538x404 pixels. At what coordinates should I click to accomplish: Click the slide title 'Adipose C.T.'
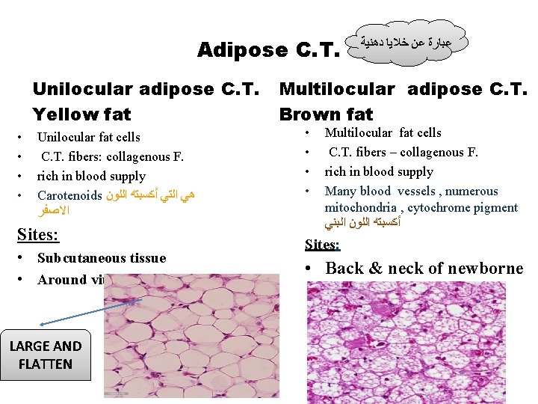click(x=268, y=50)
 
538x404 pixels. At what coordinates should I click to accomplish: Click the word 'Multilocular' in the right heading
click(x=336, y=89)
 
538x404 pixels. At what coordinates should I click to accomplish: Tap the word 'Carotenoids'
click(x=69, y=195)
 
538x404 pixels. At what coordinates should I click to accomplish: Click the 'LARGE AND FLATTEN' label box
click(x=46, y=355)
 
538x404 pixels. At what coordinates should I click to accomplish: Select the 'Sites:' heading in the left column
click(x=37, y=236)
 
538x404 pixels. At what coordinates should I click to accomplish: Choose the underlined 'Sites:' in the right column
click(x=322, y=245)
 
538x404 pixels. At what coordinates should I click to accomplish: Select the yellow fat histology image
click(x=191, y=339)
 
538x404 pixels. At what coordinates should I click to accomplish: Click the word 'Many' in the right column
click(x=340, y=191)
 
